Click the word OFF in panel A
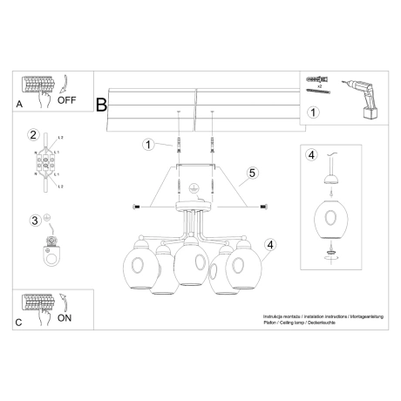[x=68, y=100]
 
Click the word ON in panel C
[x=65, y=318]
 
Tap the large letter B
[x=101, y=105]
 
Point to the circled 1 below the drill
[x=314, y=112]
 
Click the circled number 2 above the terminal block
[x=34, y=135]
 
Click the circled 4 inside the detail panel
[x=312, y=156]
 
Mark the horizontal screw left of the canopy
[x=136, y=206]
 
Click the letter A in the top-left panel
[x=20, y=102]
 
